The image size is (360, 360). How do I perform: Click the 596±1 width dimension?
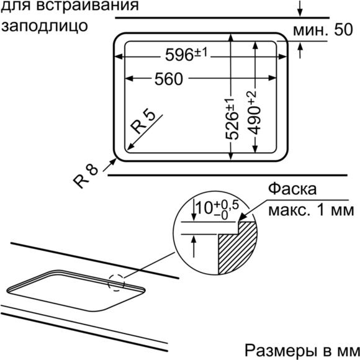coord(186,54)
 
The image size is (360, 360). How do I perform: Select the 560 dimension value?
coord(169,79)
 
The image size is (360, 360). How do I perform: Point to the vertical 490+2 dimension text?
coord(254,112)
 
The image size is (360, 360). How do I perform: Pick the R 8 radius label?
coord(86,176)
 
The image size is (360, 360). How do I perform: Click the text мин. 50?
coord(323,30)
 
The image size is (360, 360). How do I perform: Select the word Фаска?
coord(292,189)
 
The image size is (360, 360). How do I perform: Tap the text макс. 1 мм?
coord(311,210)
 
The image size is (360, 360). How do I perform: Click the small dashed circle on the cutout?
coord(117,282)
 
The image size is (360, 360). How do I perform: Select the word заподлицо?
coord(45,25)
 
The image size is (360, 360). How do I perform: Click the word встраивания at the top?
coord(88,6)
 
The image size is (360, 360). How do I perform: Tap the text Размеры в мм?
coord(302,350)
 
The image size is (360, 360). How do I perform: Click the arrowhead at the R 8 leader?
coord(113,161)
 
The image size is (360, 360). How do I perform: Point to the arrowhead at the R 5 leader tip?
coord(130,147)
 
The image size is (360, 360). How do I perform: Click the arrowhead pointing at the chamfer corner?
coord(243,217)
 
